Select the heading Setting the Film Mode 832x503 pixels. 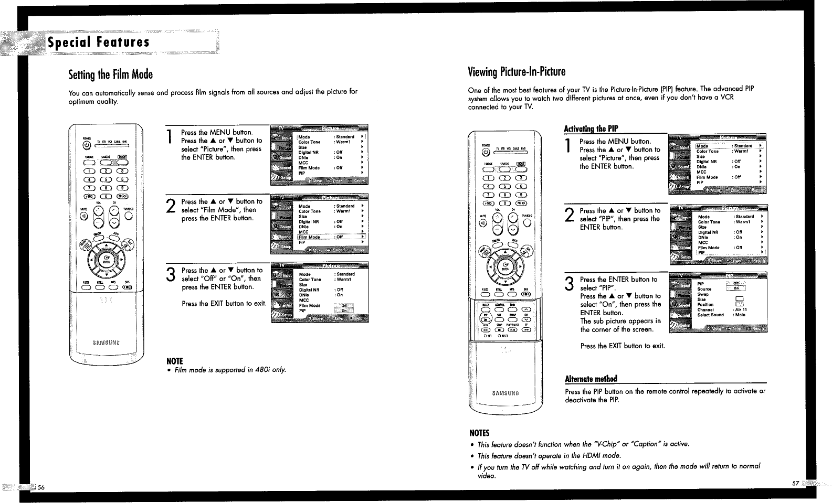click(x=110, y=74)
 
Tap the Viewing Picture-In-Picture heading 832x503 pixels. click(x=517, y=71)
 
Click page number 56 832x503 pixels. click(x=41, y=487)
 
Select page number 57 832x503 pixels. click(x=795, y=483)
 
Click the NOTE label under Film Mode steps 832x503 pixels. click(x=174, y=361)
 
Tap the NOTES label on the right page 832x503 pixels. click(x=479, y=433)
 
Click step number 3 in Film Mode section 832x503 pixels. click(x=170, y=274)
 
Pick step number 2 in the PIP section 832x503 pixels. click(x=569, y=215)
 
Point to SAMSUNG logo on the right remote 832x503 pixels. click(x=505, y=393)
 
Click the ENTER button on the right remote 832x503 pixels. click(x=505, y=266)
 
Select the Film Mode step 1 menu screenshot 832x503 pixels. click(x=319, y=155)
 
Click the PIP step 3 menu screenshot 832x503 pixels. click(x=718, y=303)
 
